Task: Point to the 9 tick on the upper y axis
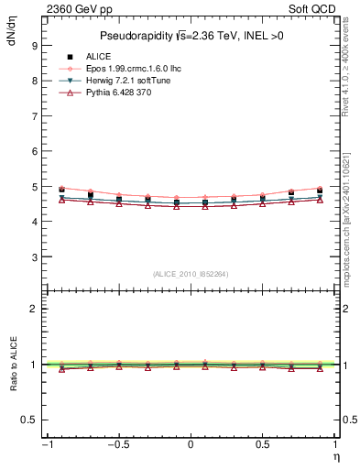(x=34, y=45)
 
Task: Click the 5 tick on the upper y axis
(x=34, y=187)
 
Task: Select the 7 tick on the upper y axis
(x=34, y=116)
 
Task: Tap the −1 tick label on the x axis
(x=46, y=444)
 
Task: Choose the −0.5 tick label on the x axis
(x=116, y=444)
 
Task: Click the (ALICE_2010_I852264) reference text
(x=191, y=273)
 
